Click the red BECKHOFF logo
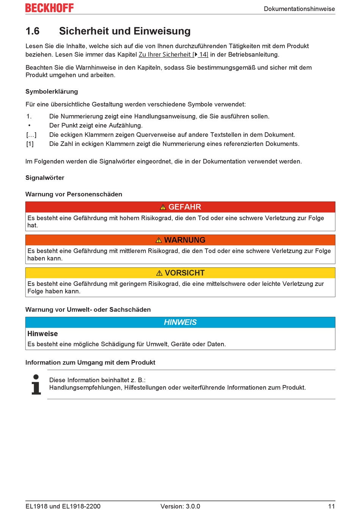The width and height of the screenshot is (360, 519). [49, 8]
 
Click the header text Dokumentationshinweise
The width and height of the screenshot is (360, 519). [299, 9]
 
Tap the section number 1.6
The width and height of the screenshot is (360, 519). [33, 31]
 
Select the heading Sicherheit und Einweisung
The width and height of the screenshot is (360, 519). [125, 31]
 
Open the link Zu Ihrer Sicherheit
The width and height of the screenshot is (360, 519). [164, 55]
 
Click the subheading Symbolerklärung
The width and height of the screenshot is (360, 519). [52, 91]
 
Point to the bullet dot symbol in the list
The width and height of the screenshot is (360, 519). [29, 125]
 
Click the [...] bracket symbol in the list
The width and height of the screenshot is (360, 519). [31, 135]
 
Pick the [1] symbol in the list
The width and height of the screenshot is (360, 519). [30, 144]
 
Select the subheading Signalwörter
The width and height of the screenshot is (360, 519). [45, 178]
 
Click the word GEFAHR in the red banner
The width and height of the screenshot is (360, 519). [185, 207]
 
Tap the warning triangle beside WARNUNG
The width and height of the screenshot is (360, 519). [159, 240]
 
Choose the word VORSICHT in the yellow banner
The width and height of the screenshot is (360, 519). [185, 273]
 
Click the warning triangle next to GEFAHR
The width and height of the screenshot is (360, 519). [163, 207]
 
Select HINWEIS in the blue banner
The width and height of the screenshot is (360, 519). [180, 322]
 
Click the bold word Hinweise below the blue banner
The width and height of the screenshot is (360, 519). [42, 334]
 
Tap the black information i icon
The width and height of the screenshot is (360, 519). [36, 384]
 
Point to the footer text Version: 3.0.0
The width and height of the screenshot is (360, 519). [180, 506]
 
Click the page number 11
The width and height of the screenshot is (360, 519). [331, 506]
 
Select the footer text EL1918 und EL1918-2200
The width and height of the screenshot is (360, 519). [63, 506]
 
